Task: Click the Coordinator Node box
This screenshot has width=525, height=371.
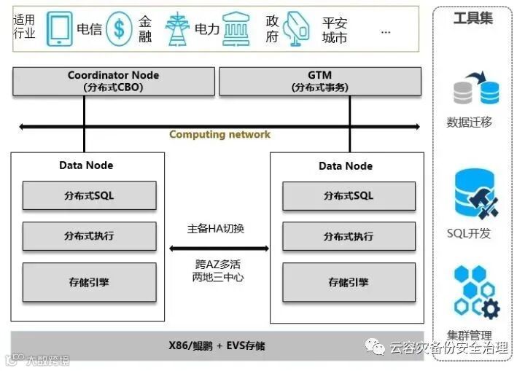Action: [x=113, y=81]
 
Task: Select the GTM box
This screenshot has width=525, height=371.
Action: [x=319, y=81]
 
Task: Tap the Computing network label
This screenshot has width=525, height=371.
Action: [x=219, y=134]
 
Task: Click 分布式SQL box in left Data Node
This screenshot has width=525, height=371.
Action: [x=89, y=195]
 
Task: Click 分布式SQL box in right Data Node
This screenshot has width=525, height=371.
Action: [x=349, y=195]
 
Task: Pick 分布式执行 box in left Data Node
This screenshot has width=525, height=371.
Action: [x=89, y=236]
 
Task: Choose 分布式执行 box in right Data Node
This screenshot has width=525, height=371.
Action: [x=349, y=236]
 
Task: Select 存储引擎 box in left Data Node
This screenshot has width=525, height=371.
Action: [x=89, y=282]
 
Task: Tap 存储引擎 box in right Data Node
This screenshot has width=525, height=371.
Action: [x=349, y=282]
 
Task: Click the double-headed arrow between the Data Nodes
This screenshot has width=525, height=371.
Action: [x=219, y=249]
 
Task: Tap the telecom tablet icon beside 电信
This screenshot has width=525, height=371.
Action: [x=59, y=30]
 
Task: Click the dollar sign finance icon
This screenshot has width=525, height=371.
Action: [x=118, y=30]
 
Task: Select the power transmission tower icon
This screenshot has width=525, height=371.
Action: [x=177, y=29]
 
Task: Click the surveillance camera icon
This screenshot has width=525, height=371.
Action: [x=297, y=29]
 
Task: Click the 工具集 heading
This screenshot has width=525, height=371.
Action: [x=472, y=18]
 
